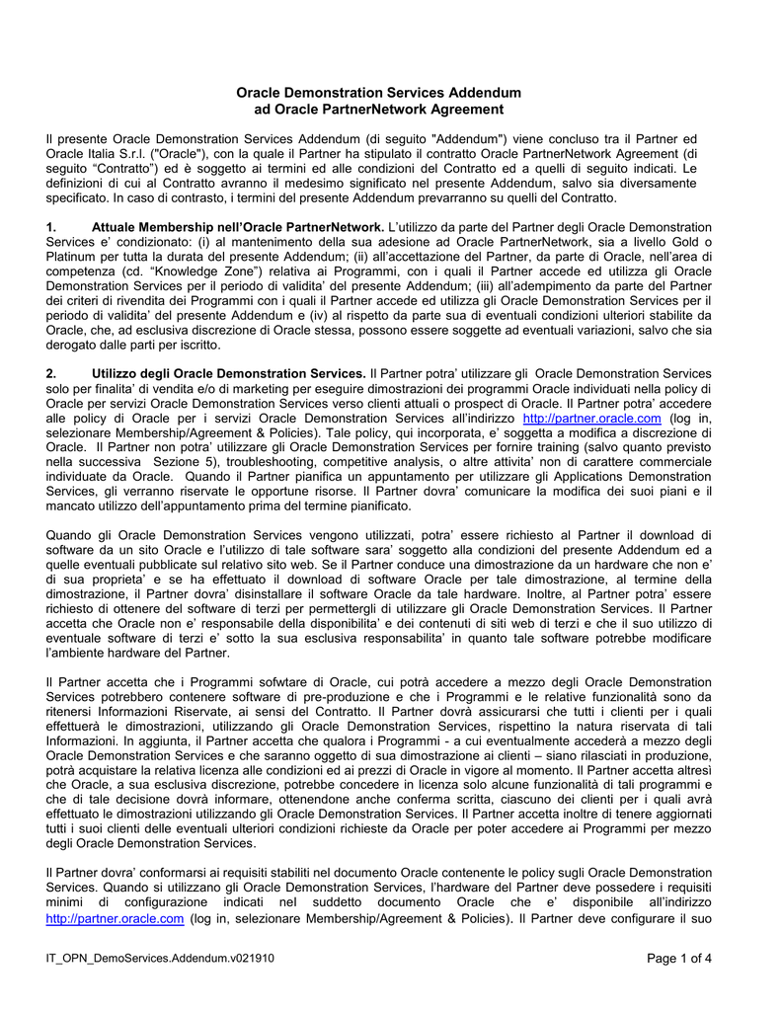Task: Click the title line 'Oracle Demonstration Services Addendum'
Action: click(x=378, y=92)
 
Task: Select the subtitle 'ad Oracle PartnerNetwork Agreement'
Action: click(x=378, y=109)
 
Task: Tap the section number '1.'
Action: click(x=52, y=227)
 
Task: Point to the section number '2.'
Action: click(x=52, y=373)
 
